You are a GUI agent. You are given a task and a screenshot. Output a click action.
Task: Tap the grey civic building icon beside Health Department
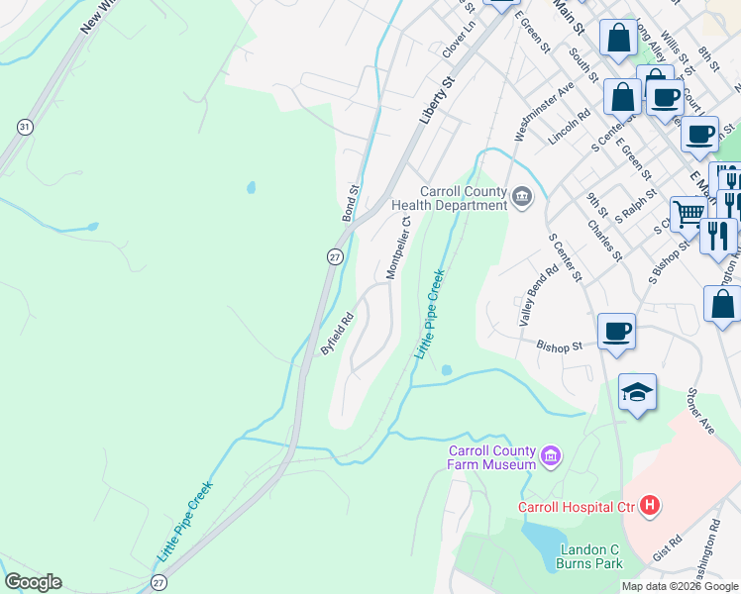(523, 198)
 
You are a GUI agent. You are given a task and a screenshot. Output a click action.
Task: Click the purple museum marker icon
(552, 457)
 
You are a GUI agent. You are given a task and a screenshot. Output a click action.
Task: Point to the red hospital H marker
(650, 507)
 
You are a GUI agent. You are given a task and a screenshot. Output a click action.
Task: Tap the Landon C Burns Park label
(591, 556)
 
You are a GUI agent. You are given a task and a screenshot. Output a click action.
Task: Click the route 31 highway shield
(25, 127)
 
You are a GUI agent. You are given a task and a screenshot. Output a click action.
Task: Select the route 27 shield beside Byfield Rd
(335, 256)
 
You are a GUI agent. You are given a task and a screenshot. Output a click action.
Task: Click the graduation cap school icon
(637, 392)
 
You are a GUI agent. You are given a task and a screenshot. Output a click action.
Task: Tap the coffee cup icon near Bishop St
(616, 331)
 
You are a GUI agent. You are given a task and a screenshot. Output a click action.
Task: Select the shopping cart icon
(688, 212)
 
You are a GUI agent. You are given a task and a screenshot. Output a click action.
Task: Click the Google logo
(33, 582)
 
